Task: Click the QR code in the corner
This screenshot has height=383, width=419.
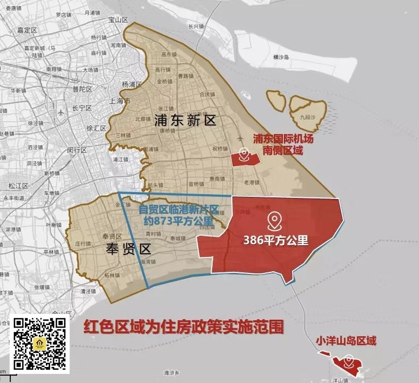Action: point(40,344)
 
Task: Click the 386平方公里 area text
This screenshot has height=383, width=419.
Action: point(275,240)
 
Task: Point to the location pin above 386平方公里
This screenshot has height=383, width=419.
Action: point(274,220)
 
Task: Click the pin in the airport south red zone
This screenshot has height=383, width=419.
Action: point(244,155)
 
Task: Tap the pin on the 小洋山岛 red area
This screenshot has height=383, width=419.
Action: point(348,363)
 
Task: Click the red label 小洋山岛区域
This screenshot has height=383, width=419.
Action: point(346,340)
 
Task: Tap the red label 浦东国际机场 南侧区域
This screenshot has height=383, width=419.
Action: point(282,144)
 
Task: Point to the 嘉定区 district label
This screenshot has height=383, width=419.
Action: point(26,30)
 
